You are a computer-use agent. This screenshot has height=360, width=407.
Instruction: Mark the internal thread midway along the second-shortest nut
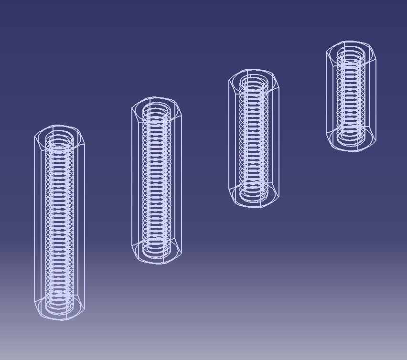tap(254, 138)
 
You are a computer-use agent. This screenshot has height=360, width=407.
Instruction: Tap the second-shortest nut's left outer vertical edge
tap(229, 138)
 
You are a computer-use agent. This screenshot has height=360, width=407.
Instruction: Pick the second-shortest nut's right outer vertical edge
tap(278, 138)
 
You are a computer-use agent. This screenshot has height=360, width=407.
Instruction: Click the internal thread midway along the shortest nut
tap(351, 95)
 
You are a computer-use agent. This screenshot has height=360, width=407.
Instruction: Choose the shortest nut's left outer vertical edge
tap(326, 95)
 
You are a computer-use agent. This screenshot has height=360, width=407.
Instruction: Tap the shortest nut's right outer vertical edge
tap(376, 95)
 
